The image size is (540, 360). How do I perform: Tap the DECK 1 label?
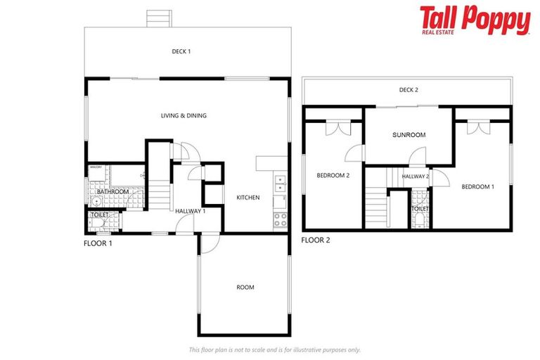point(181,51)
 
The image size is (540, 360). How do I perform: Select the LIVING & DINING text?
point(184,115)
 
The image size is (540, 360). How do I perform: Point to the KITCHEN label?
point(248,198)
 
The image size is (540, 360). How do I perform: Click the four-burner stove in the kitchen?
point(280,219)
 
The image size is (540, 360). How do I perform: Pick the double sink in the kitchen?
point(280,184)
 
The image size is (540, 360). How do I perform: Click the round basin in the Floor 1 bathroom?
point(96,200)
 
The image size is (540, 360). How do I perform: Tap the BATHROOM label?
point(112,191)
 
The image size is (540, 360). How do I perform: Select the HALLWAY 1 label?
point(190,211)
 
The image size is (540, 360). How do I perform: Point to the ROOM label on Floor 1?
point(245,287)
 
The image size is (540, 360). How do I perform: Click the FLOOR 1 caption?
point(98,243)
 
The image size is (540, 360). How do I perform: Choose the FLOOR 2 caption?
point(316,240)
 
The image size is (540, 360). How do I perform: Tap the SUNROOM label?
point(409,134)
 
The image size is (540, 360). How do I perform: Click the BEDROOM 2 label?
point(333,176)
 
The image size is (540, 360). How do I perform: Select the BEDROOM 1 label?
point(477,186)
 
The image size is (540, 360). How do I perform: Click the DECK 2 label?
point(409,89)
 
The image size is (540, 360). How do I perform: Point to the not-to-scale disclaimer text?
point(274,349)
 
